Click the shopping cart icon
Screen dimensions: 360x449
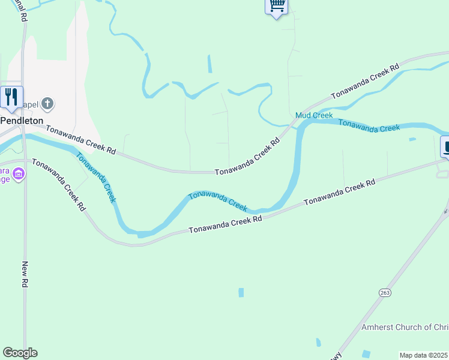pos(276,6)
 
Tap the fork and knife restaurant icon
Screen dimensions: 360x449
pos(11,97)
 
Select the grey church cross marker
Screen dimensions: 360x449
pos(48,104)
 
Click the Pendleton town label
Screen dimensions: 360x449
pos(22,120)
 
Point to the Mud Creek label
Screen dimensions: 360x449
pos(314,115)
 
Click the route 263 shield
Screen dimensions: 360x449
pos(385,292)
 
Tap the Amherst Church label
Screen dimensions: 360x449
pos(405,327)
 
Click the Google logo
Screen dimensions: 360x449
pos(20,353)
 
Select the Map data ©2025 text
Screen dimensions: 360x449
pos(424,355)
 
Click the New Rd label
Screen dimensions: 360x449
pos(25,274)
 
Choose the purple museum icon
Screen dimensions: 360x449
pos(19,174)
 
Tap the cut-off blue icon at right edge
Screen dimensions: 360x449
pos(445,147)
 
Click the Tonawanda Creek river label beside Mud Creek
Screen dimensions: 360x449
pos(369,125)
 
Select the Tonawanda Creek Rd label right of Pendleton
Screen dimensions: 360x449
pos(80,139)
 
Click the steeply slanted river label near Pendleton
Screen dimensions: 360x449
pos(95,177)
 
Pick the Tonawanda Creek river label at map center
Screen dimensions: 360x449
pos(218,201)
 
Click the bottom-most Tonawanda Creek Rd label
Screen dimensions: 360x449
pos(226,225)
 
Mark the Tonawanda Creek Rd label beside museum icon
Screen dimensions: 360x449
pos(58,185)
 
